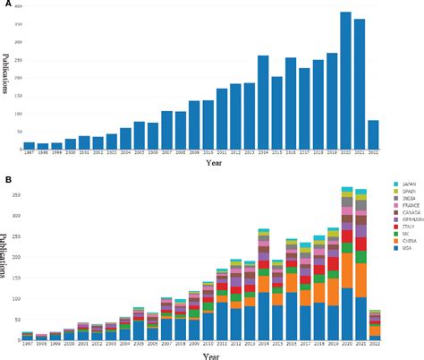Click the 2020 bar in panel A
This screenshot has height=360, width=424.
point(345,81)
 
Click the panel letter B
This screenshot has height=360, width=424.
point(6,179)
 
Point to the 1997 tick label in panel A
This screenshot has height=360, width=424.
point(29,154)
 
